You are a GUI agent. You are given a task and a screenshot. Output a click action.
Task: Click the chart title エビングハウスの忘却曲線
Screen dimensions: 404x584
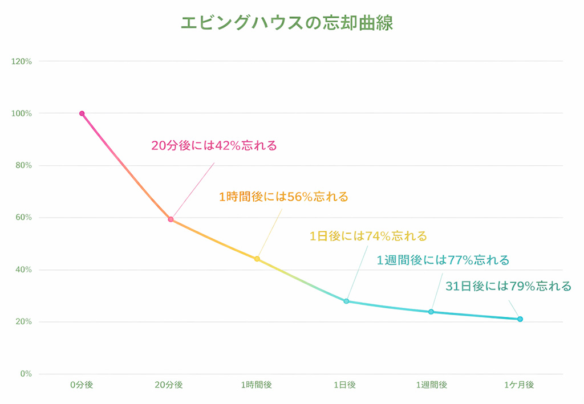[287, 23]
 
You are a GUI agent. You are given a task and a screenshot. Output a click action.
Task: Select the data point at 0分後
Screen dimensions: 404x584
[82, 113]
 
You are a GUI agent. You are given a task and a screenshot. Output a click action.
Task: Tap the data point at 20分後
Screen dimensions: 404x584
[171, 219]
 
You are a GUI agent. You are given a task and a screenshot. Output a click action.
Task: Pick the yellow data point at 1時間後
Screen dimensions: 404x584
[257, 259]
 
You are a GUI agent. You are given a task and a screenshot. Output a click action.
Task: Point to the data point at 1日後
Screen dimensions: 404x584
[346, 301]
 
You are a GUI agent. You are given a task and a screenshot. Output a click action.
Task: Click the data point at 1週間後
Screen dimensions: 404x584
[431, 312]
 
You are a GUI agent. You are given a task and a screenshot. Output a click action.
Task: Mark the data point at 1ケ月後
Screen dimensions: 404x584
[520, 319]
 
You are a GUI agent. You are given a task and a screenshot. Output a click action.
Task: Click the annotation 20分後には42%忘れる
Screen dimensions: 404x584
[214, 146]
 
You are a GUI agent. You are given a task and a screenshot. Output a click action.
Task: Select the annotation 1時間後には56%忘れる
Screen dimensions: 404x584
[283, 197]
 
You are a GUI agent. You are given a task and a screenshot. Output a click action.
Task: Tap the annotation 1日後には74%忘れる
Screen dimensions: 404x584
[368, 236]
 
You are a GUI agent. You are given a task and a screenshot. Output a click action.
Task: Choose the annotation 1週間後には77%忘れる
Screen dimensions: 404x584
[443, 260]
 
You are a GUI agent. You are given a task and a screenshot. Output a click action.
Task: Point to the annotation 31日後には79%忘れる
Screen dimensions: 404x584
[508, 286]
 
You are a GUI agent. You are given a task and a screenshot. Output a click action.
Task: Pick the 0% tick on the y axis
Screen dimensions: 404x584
[26, 374]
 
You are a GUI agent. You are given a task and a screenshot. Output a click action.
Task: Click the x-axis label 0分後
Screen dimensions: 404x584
[82, 385]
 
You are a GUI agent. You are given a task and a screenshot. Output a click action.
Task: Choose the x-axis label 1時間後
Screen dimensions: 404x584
[257, 385]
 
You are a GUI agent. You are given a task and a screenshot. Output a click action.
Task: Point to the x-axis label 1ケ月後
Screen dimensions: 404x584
[519, 385]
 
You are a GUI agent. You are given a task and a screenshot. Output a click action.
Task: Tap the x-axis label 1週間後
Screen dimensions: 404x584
[432, 385]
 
